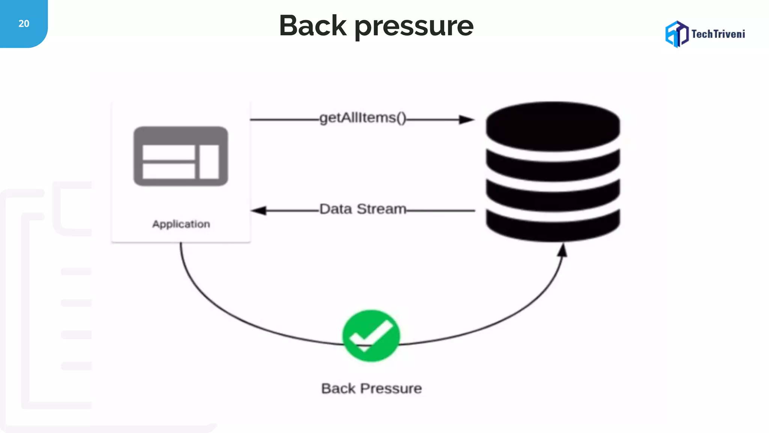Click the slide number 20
pyautogui.click(x=24, y=24)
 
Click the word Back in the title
pyautogui.click(x=313, y=26)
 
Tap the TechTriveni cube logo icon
pyautogui.click(x=677, y=34)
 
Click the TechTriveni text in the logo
pyautogui.click(x=718, y=34)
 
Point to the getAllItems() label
pyautogui.click(x=363, y=118)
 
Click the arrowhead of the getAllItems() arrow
pyautogui.click(x=467, y=120)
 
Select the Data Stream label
pyautogui.click(x=363, y=209)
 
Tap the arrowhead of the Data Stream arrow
pyautogui.click(x=259, y=210)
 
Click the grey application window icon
pyautogui.click(x=181, y=156)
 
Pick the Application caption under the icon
pyautogui.click(x=181, y=224)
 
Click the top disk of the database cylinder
pyautogui.click(x=553, y=126)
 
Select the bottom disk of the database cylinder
pyautogui.click(x=553, y=226)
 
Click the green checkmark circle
pyautogui.click(x=371, y=335)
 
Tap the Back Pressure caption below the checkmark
pyautogui.click(x=371, y=388)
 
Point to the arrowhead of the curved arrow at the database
pyautogui.click(x=562, y=250)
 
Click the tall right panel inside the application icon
pyautogui.click(x=209, y=162)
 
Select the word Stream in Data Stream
pyautogui.click(x=381, y=209)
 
